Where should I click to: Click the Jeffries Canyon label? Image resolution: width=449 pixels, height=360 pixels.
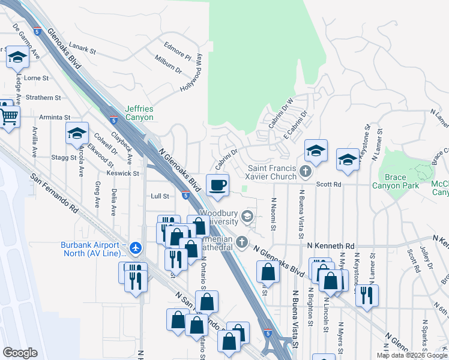pos(139,113)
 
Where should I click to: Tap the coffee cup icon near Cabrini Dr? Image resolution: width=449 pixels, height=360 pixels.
pos(217,184)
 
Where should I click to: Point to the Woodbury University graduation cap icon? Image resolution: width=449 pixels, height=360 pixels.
pos(247,215)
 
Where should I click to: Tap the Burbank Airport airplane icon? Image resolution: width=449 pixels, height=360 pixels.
pos(136,247)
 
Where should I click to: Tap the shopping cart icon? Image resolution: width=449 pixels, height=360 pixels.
pos(9,118)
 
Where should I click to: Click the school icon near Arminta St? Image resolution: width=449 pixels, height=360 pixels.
pos(77,133)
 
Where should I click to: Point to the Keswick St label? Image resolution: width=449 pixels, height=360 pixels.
pos(123,173)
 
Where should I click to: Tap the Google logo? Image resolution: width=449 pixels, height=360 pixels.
pos(20,353)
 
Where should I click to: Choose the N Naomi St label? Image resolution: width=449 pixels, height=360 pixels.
pos(273,214)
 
